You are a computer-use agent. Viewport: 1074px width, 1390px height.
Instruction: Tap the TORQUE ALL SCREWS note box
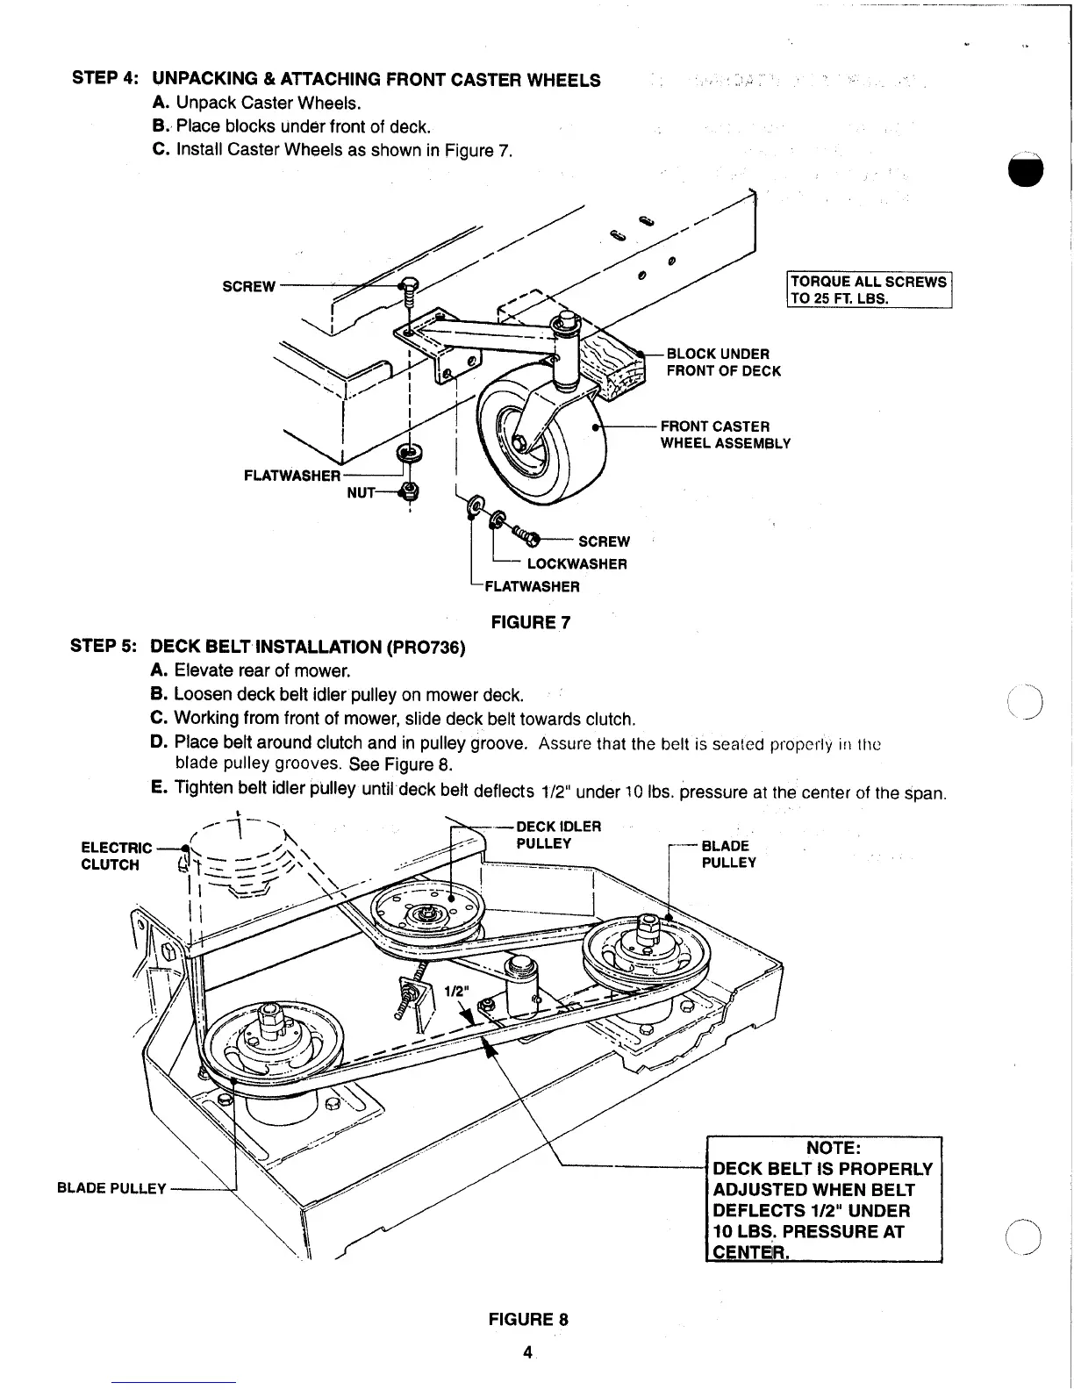point(868,290)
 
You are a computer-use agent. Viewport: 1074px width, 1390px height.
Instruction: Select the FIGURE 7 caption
point(531,622)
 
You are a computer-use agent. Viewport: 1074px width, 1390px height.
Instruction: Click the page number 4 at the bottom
point(527,1352)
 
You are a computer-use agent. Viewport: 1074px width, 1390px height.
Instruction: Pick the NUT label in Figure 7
point(361,493)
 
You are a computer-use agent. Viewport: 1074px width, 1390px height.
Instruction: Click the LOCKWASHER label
point(576,563)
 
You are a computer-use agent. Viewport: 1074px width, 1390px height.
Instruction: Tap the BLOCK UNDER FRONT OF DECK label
point(723,362)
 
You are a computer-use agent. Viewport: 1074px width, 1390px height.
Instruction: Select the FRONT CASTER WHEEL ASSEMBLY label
point(725,434)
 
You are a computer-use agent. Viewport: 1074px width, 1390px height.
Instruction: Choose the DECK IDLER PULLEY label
point(558,835)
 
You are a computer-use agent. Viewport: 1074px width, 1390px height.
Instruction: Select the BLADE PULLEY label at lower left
point(111,1188)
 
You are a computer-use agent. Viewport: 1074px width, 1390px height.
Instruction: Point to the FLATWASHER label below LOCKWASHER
point(532,586)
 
